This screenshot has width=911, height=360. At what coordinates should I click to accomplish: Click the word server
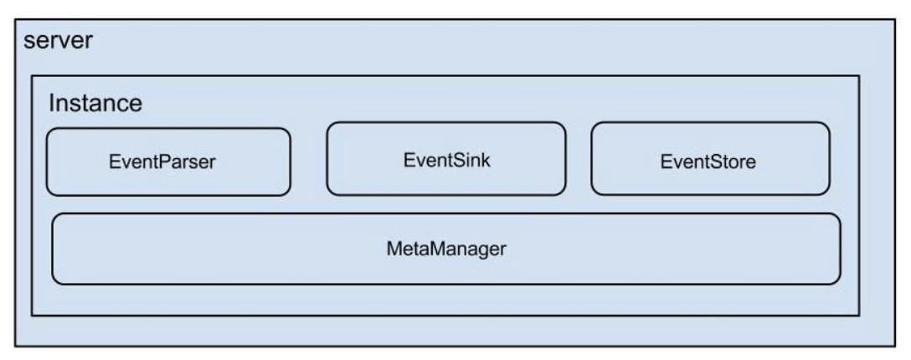[58, 41]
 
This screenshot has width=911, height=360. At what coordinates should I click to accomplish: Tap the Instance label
[95, 103]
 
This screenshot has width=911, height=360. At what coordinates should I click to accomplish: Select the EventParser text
[162, 162]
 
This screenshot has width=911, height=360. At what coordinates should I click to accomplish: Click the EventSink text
[447, 160]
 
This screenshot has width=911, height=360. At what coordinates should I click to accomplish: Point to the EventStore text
[708, 162]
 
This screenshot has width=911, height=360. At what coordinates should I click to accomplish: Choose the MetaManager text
[446, 249]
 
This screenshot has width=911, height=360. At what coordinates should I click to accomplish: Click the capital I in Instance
[51, 103]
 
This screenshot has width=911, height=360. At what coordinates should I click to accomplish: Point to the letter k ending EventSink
[486, 160]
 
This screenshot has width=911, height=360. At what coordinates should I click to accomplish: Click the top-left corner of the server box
[15, 20]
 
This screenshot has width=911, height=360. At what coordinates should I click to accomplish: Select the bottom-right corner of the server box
[895, 347]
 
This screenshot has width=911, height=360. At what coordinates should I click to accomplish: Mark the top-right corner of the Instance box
[859, 75]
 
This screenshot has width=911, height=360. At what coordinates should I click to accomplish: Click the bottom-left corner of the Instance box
[31, 316]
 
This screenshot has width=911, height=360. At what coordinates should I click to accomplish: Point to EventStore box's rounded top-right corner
[826, 126]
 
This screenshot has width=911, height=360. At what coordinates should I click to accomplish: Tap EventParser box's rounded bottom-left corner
[50, 193]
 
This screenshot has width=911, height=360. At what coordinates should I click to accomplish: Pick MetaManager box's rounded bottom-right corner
[836, 281]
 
